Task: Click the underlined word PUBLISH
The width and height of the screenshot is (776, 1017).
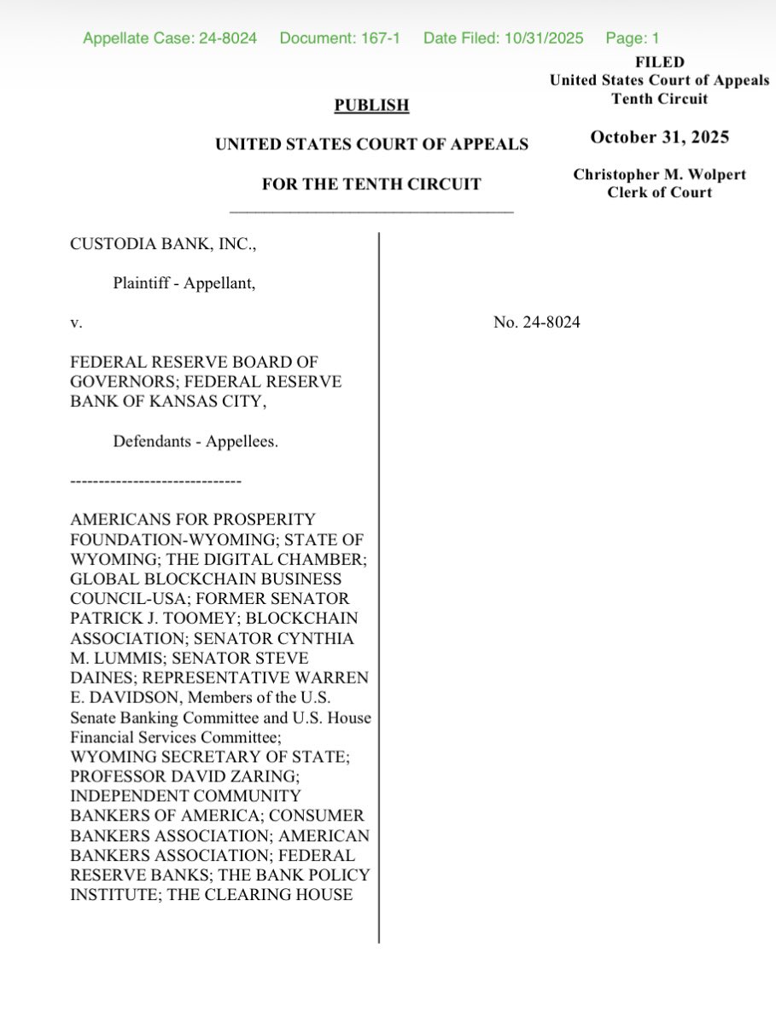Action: click(371, 106)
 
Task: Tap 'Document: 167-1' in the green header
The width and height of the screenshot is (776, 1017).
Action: click(340, 38)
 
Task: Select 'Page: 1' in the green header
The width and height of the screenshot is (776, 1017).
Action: click(633, 38)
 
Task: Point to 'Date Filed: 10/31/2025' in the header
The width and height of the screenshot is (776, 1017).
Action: click(503, 38)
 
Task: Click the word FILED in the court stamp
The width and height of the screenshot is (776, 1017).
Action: click(659, 62)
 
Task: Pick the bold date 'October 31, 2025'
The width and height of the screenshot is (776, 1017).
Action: click(659, 137)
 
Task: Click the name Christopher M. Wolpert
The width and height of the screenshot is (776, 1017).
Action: click(659, 175)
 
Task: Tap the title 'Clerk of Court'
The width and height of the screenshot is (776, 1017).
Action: click(659, 192)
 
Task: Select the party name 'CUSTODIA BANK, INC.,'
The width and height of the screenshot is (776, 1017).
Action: click(163, 244)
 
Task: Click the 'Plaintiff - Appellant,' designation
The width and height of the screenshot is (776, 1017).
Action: click(184, 284)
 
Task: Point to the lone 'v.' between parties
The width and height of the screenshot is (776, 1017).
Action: click(75, 323)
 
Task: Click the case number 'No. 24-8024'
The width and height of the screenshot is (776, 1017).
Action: click(537, 323)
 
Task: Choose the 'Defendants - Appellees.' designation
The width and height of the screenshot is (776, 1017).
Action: click(195, 442)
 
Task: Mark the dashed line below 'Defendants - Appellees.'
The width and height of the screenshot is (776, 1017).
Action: click(155, 483)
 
